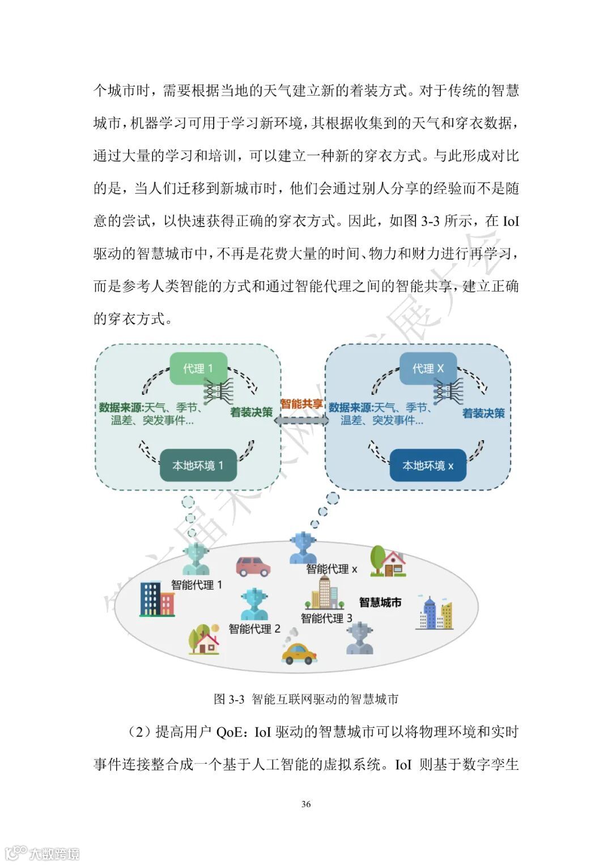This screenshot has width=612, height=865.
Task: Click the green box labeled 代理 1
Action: [198, 368]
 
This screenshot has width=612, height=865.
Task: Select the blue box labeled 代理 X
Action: [428, 369]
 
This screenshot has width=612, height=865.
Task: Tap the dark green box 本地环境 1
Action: [198, 466]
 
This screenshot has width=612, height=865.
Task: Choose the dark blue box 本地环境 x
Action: [428, 466]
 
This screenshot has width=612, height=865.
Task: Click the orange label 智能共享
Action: [301, 404]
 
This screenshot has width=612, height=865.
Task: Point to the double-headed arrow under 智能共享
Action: [305, 420]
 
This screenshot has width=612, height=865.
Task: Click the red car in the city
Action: [253, 566]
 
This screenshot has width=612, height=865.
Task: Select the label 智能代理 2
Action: [254, 629]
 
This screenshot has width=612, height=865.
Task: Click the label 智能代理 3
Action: [326, 618]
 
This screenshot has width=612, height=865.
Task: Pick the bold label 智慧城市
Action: [380, 602]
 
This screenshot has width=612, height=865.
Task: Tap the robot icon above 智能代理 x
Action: [303, 548]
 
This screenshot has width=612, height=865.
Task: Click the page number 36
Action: [306, 804]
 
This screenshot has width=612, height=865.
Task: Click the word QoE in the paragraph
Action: [229, 732]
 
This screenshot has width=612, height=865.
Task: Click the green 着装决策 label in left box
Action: [251, 412]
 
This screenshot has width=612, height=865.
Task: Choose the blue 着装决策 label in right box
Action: [483, 414]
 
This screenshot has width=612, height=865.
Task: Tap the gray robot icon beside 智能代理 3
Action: [360, 639]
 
